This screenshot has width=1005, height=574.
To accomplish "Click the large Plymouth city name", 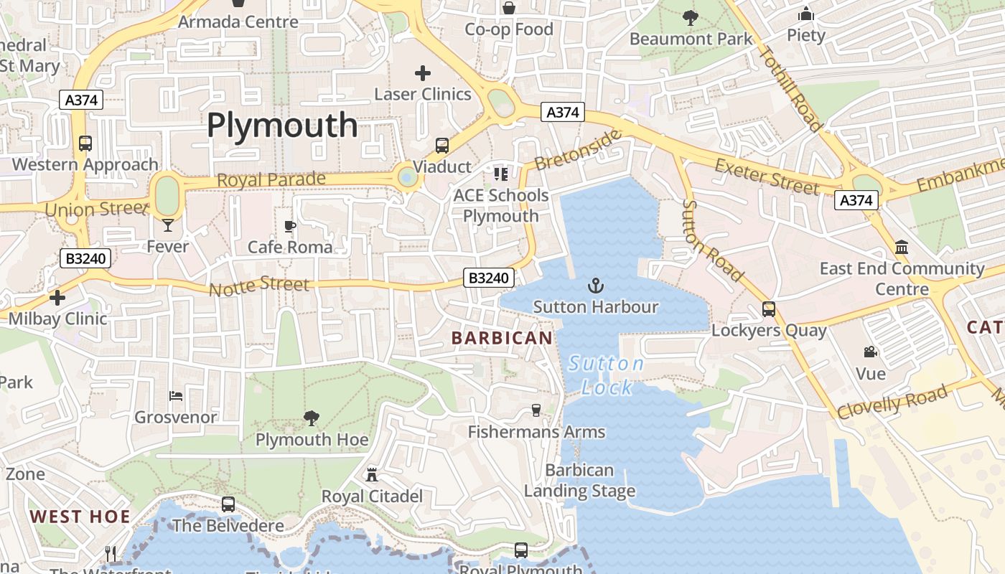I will (282, 126).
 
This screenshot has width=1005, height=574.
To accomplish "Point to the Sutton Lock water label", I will (607, 375).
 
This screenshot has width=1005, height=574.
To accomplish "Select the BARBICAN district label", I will (502, 337).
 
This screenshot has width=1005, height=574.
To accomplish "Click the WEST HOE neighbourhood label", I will (80, 517).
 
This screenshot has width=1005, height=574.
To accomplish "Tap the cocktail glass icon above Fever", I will (168, 225).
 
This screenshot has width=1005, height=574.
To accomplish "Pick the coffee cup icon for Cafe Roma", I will (290, 227).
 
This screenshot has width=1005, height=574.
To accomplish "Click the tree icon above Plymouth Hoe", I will (312, 418).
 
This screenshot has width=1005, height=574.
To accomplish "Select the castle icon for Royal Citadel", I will (372, 474).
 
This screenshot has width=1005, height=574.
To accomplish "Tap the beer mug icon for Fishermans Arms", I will (536, 410).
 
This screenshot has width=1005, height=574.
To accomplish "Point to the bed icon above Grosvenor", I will (176, 395).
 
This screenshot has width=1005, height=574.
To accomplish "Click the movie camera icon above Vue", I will (871, 352).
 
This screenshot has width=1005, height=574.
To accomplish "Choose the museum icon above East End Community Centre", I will (902, 248).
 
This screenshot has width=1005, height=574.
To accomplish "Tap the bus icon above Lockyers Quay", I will (769, 309).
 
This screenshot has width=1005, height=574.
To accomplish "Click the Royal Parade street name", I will (271, 179).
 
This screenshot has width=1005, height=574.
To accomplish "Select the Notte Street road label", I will (259, 286).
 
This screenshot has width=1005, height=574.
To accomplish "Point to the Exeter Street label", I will (767, 177).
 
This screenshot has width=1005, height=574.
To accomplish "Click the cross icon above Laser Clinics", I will (423, 72).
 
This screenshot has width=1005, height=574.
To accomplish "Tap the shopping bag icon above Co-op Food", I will (509, 8).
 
